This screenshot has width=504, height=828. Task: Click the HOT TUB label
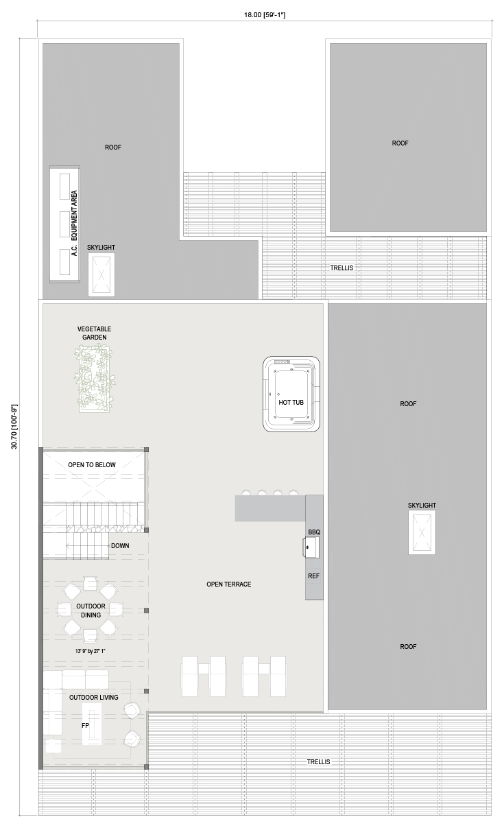[x=291, y=402]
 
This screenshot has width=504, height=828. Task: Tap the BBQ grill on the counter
[x=311, y=547]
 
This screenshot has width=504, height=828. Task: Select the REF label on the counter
[x=313, y=576]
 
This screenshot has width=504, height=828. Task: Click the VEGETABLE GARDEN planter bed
[x=94, y=378]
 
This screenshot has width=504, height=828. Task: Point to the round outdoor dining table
[x=91, y=611]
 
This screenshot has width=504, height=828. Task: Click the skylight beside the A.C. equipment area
[x=101, y=274]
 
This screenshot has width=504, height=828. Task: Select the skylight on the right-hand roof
[x=422, y=532]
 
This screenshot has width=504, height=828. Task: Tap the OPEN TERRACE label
[x=229, y=584]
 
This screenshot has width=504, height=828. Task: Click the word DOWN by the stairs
[x=120, y=545]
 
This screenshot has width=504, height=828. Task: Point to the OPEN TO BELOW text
[x=92, y=464]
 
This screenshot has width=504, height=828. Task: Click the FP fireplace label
[x=85, y=725]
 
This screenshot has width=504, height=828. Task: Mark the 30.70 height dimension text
[x=14, y=427]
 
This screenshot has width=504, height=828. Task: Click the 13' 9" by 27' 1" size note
[x=91, y=651]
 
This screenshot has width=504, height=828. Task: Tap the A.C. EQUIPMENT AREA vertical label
[x=74, y=223]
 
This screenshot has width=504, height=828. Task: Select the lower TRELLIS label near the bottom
[x=318, y=762]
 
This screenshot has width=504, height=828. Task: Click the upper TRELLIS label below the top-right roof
[x=341, y=268]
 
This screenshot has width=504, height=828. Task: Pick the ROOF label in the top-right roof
[x=400, y=143]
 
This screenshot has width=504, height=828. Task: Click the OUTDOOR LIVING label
[x=94, y=697]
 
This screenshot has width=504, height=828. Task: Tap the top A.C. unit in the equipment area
[x=64, y=187]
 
